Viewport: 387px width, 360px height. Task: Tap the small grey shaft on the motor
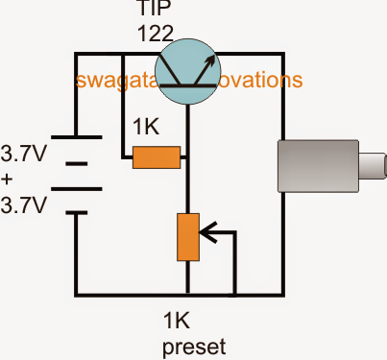(369, 164)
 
